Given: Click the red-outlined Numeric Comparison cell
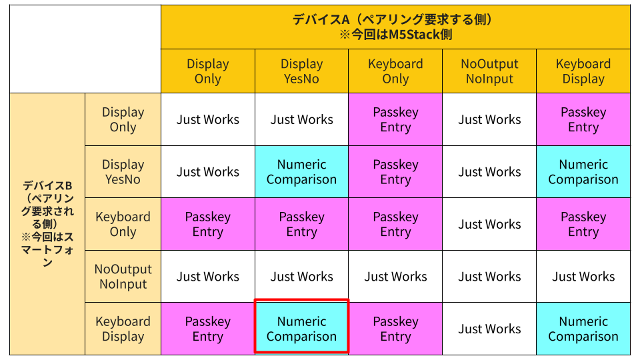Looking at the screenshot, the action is (301, 329).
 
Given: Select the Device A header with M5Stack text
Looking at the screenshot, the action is (395, 27).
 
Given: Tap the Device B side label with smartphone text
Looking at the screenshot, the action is (47, 224).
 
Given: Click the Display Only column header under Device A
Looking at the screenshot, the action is (208, 71).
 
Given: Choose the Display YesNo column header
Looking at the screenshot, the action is (301, 71).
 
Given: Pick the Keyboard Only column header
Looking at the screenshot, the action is (395, 71).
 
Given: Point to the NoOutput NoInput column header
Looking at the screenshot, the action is (489, 71).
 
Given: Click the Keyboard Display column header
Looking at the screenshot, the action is (583, 71).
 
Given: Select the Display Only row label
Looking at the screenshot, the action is (123, 119).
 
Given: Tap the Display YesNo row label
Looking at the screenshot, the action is (123, 172).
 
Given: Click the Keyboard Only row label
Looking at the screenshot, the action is (123, 224).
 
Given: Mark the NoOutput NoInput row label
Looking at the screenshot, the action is (123, 276).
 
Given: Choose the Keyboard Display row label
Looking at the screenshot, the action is (123, 329).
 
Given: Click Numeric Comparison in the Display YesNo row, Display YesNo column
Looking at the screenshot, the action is (301, 172).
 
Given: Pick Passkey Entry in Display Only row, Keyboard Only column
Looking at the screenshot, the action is (395, 119).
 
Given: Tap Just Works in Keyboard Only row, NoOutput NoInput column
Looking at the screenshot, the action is (489, 224).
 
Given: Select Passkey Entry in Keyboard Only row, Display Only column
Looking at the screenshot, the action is (208, 224).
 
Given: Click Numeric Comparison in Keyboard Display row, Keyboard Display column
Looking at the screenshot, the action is (583, 329).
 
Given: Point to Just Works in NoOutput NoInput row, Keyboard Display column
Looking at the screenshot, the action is (583, 276).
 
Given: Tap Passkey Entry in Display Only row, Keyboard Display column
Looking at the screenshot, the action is (583, 119).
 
